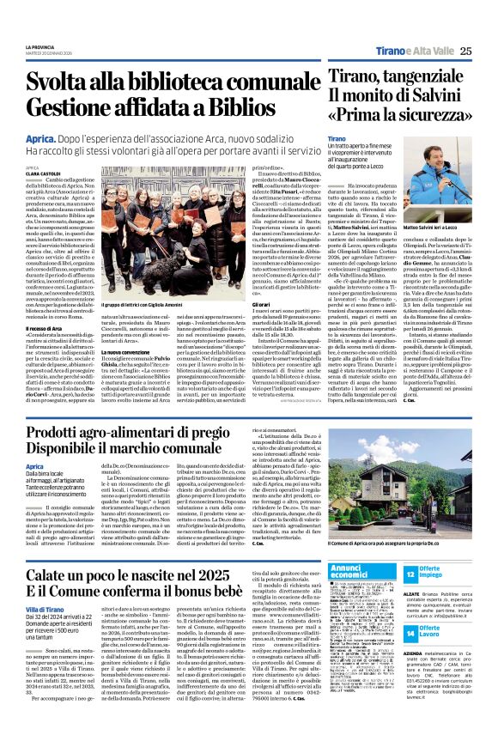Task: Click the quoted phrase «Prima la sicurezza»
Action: [x=384, y=113]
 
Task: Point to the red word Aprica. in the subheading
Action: [x=42, y=137]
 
